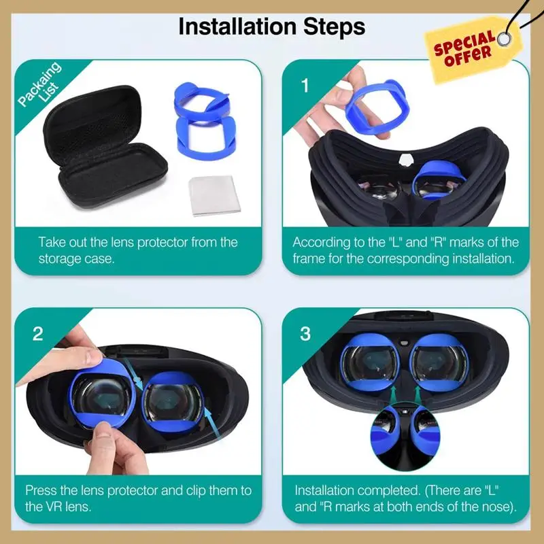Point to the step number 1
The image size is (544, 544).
(305, 86)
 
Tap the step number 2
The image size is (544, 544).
(38, 333)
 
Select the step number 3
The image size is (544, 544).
(305, 333)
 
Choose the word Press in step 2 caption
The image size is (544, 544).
(42, 490)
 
